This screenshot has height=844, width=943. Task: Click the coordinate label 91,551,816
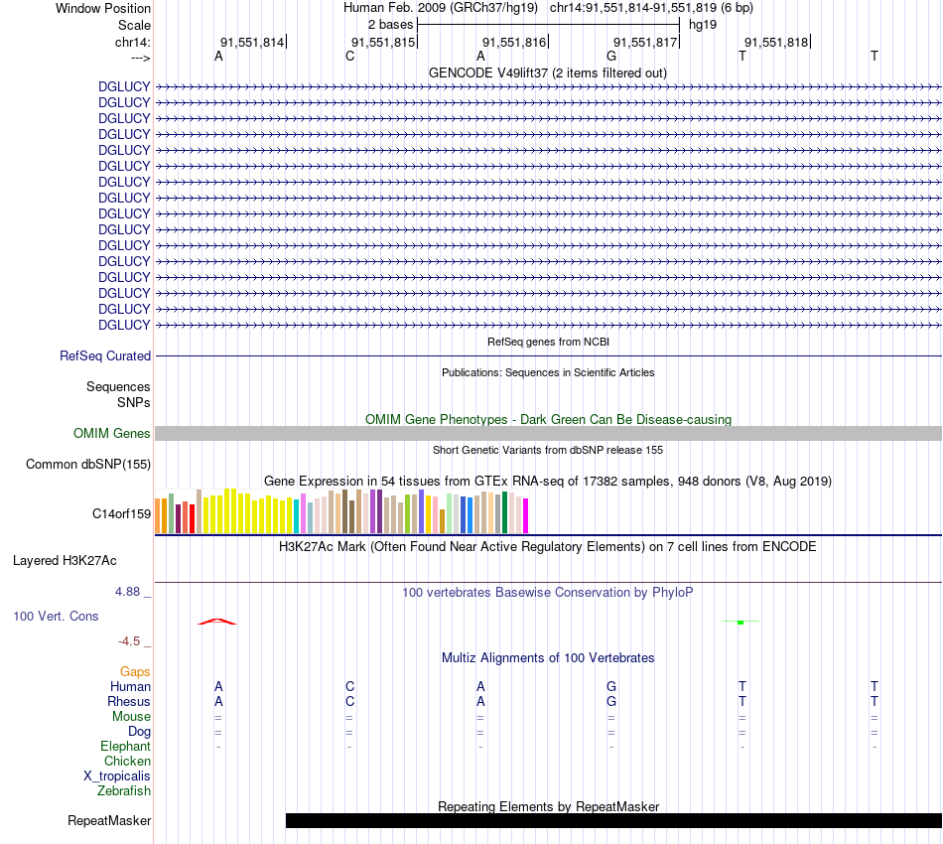coord(514,42)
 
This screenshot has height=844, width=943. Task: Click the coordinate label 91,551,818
coord(776,42)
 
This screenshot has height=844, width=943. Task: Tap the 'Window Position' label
coord(103,8)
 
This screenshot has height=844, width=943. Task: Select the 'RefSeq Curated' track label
coord(105,355)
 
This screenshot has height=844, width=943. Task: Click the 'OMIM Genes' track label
coord(112,433)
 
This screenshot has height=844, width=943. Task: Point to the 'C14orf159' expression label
coord(121,513)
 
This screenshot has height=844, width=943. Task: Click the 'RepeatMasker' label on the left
coord(109,820)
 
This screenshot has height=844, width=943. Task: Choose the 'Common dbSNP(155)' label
coord(88,464)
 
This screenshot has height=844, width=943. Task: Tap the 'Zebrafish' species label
coord(124,791)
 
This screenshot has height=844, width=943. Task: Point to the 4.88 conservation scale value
coord(133,592)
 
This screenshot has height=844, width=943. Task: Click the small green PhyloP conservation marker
coord(741,623)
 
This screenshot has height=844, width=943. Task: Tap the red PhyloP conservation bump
coord(217,622)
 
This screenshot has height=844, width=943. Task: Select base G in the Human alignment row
coord(611,686)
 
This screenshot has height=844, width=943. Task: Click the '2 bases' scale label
coord(390,24)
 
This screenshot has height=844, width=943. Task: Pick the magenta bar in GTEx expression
coord(525,515)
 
